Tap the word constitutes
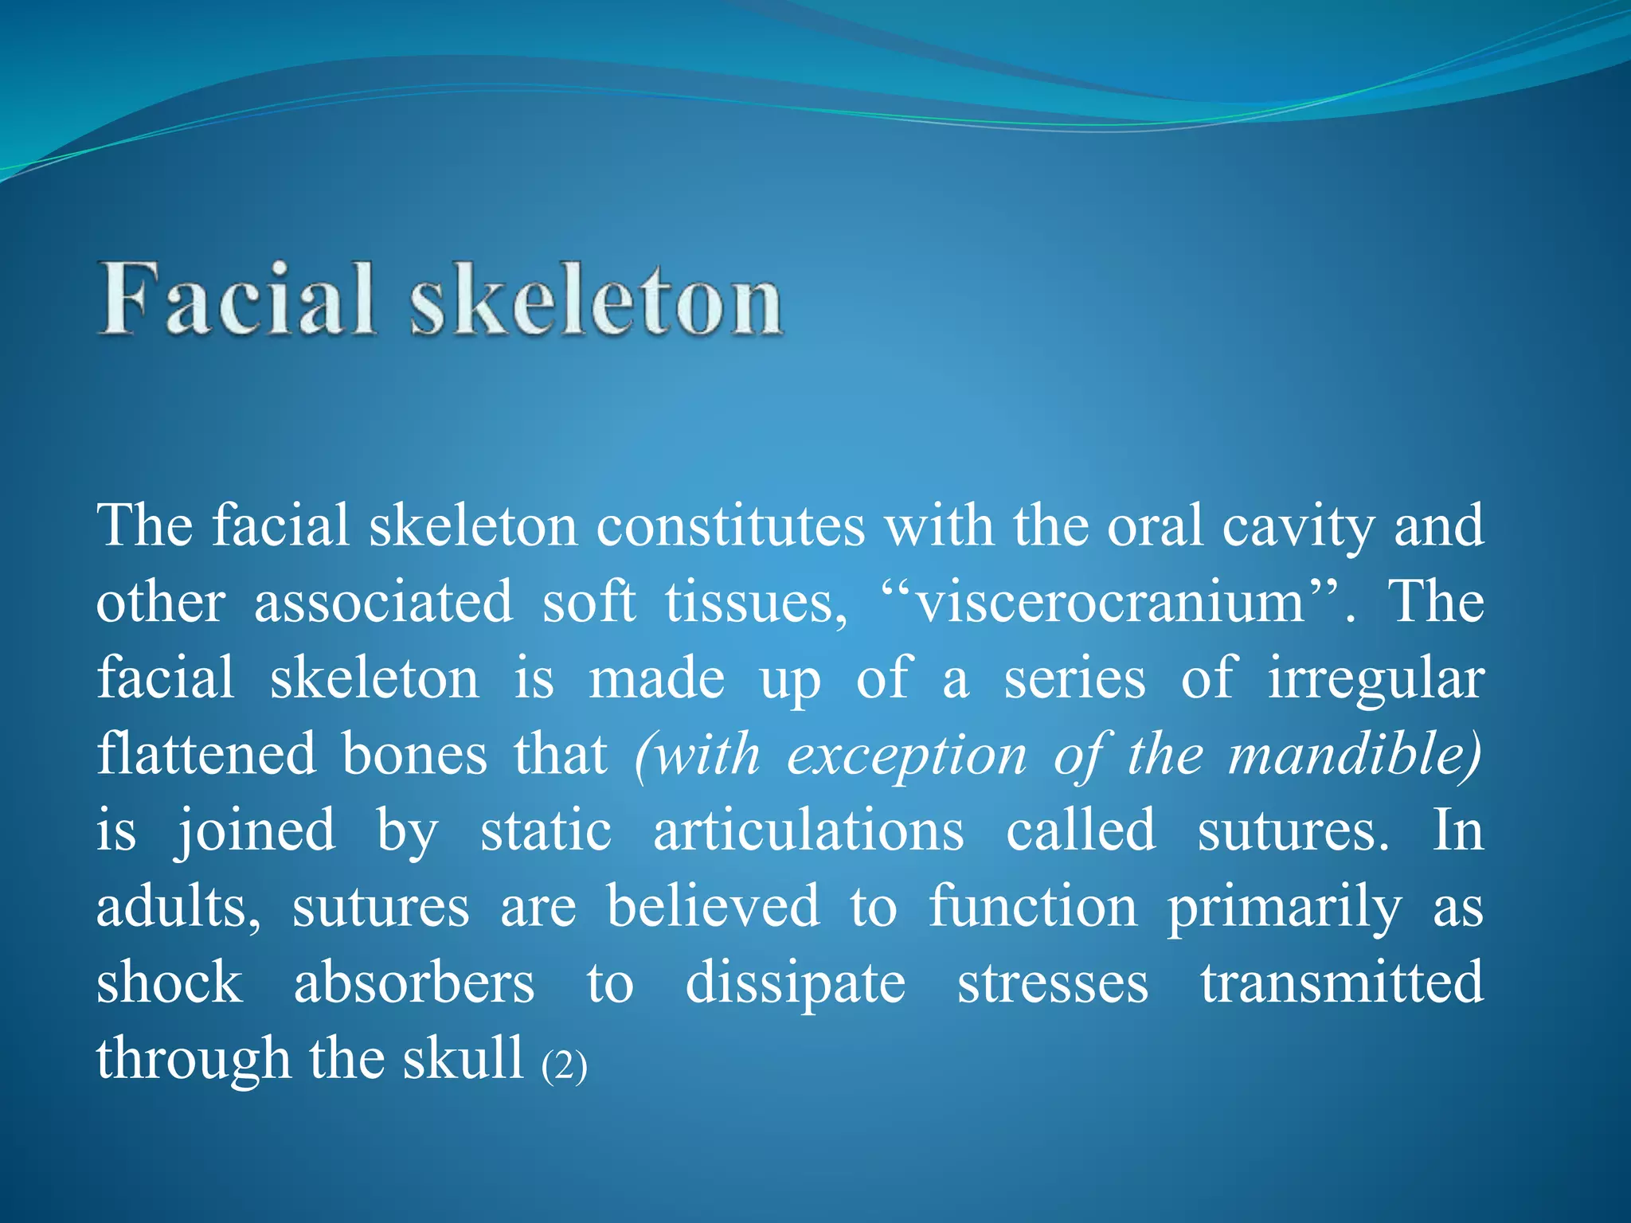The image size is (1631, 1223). tap(730, 526)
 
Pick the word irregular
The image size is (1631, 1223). tap(1375, 679)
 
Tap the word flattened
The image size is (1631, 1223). tap(206, 754)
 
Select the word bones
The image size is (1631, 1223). tap(414, 754)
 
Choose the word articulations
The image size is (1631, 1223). tap(808, 830)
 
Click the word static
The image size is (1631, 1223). tap(546, 830)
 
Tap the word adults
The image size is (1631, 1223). tap(178, 907)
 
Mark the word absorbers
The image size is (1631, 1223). tap(414, 983)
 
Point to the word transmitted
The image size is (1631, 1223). tap(1342, 983)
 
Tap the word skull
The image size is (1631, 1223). tap(463, 1058)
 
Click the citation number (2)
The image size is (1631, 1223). tap(564, 1065)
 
